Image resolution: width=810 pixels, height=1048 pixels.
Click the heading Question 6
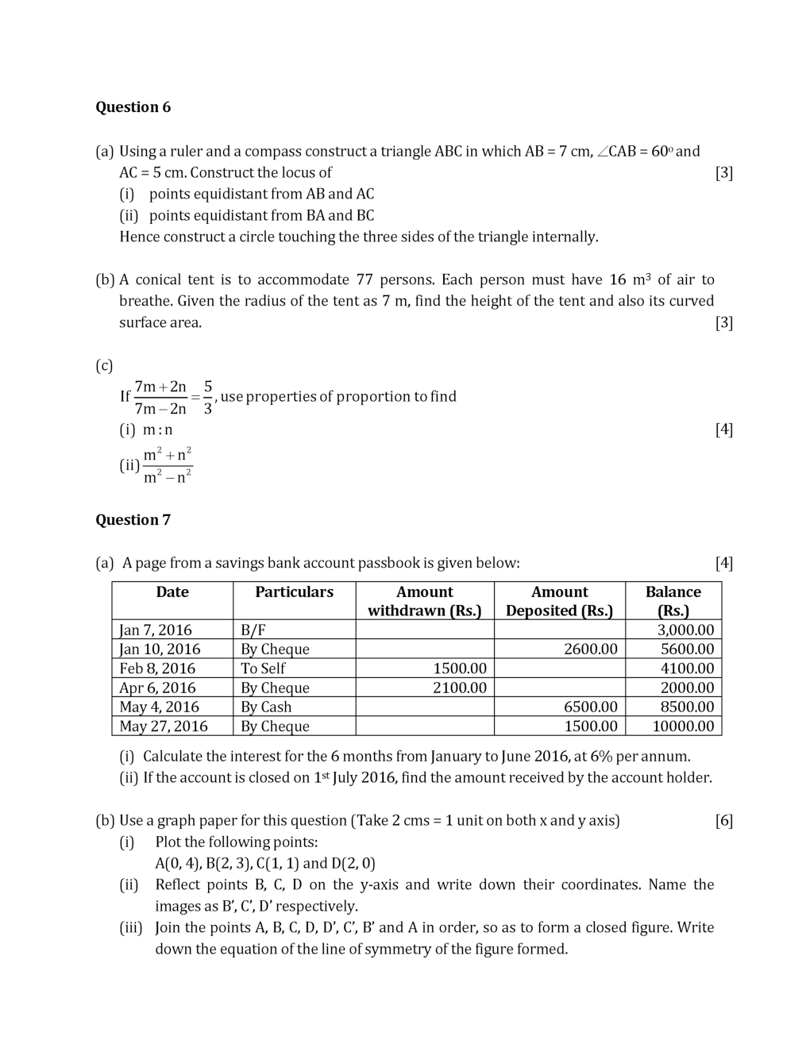point(133,107)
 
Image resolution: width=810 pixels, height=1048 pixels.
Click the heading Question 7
point(133,520)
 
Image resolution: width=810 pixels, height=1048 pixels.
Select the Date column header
point(172,592)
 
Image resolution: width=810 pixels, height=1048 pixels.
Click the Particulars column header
point(294,592)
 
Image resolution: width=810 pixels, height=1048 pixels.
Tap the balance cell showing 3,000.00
point(685,630)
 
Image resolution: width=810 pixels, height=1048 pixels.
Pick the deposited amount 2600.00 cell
point(590,649)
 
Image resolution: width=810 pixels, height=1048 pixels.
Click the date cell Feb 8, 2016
point(157,668)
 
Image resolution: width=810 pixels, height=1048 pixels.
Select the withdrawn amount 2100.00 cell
point(459,688)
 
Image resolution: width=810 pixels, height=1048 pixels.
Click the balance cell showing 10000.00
point(682,726)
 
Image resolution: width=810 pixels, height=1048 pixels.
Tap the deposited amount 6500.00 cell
point(590,707)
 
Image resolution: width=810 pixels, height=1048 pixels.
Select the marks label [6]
point(723,821)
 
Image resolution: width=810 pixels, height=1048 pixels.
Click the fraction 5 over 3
point(208,398)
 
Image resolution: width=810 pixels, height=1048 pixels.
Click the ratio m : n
point(157,430)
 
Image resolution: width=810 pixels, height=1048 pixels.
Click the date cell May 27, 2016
point(164,726)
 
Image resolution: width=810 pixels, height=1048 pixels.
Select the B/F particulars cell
point(253,630)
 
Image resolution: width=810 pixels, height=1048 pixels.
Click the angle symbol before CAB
point(603,152)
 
